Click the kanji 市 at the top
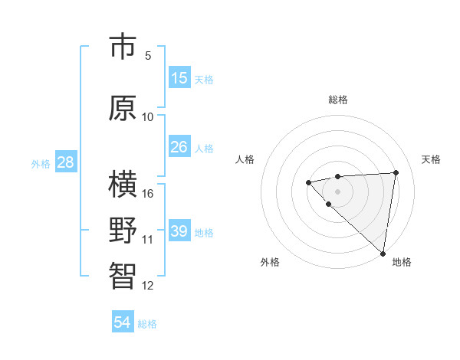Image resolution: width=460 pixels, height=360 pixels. [123, 47]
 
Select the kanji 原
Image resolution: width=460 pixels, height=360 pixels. [123, 108]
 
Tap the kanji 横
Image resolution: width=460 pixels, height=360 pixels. [123, 185]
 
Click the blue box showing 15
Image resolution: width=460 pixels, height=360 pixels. [179, 78]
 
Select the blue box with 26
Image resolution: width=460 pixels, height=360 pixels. [179, 146]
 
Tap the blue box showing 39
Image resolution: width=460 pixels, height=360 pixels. [179, 231]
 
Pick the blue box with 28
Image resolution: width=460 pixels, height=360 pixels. [65, 162]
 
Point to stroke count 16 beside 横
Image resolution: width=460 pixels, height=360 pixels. [148, 193]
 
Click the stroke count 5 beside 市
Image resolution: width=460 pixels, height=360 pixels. [148, 56]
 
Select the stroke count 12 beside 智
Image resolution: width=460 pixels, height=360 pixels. [148, 286]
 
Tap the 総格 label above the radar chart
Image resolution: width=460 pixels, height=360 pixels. [337, 100]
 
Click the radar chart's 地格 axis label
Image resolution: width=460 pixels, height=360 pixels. [402, 262]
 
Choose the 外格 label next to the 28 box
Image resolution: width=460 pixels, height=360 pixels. [41, 163]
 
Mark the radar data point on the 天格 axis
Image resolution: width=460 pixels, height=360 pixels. [396, 172]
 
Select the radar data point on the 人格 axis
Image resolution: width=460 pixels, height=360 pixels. [308, 182]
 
